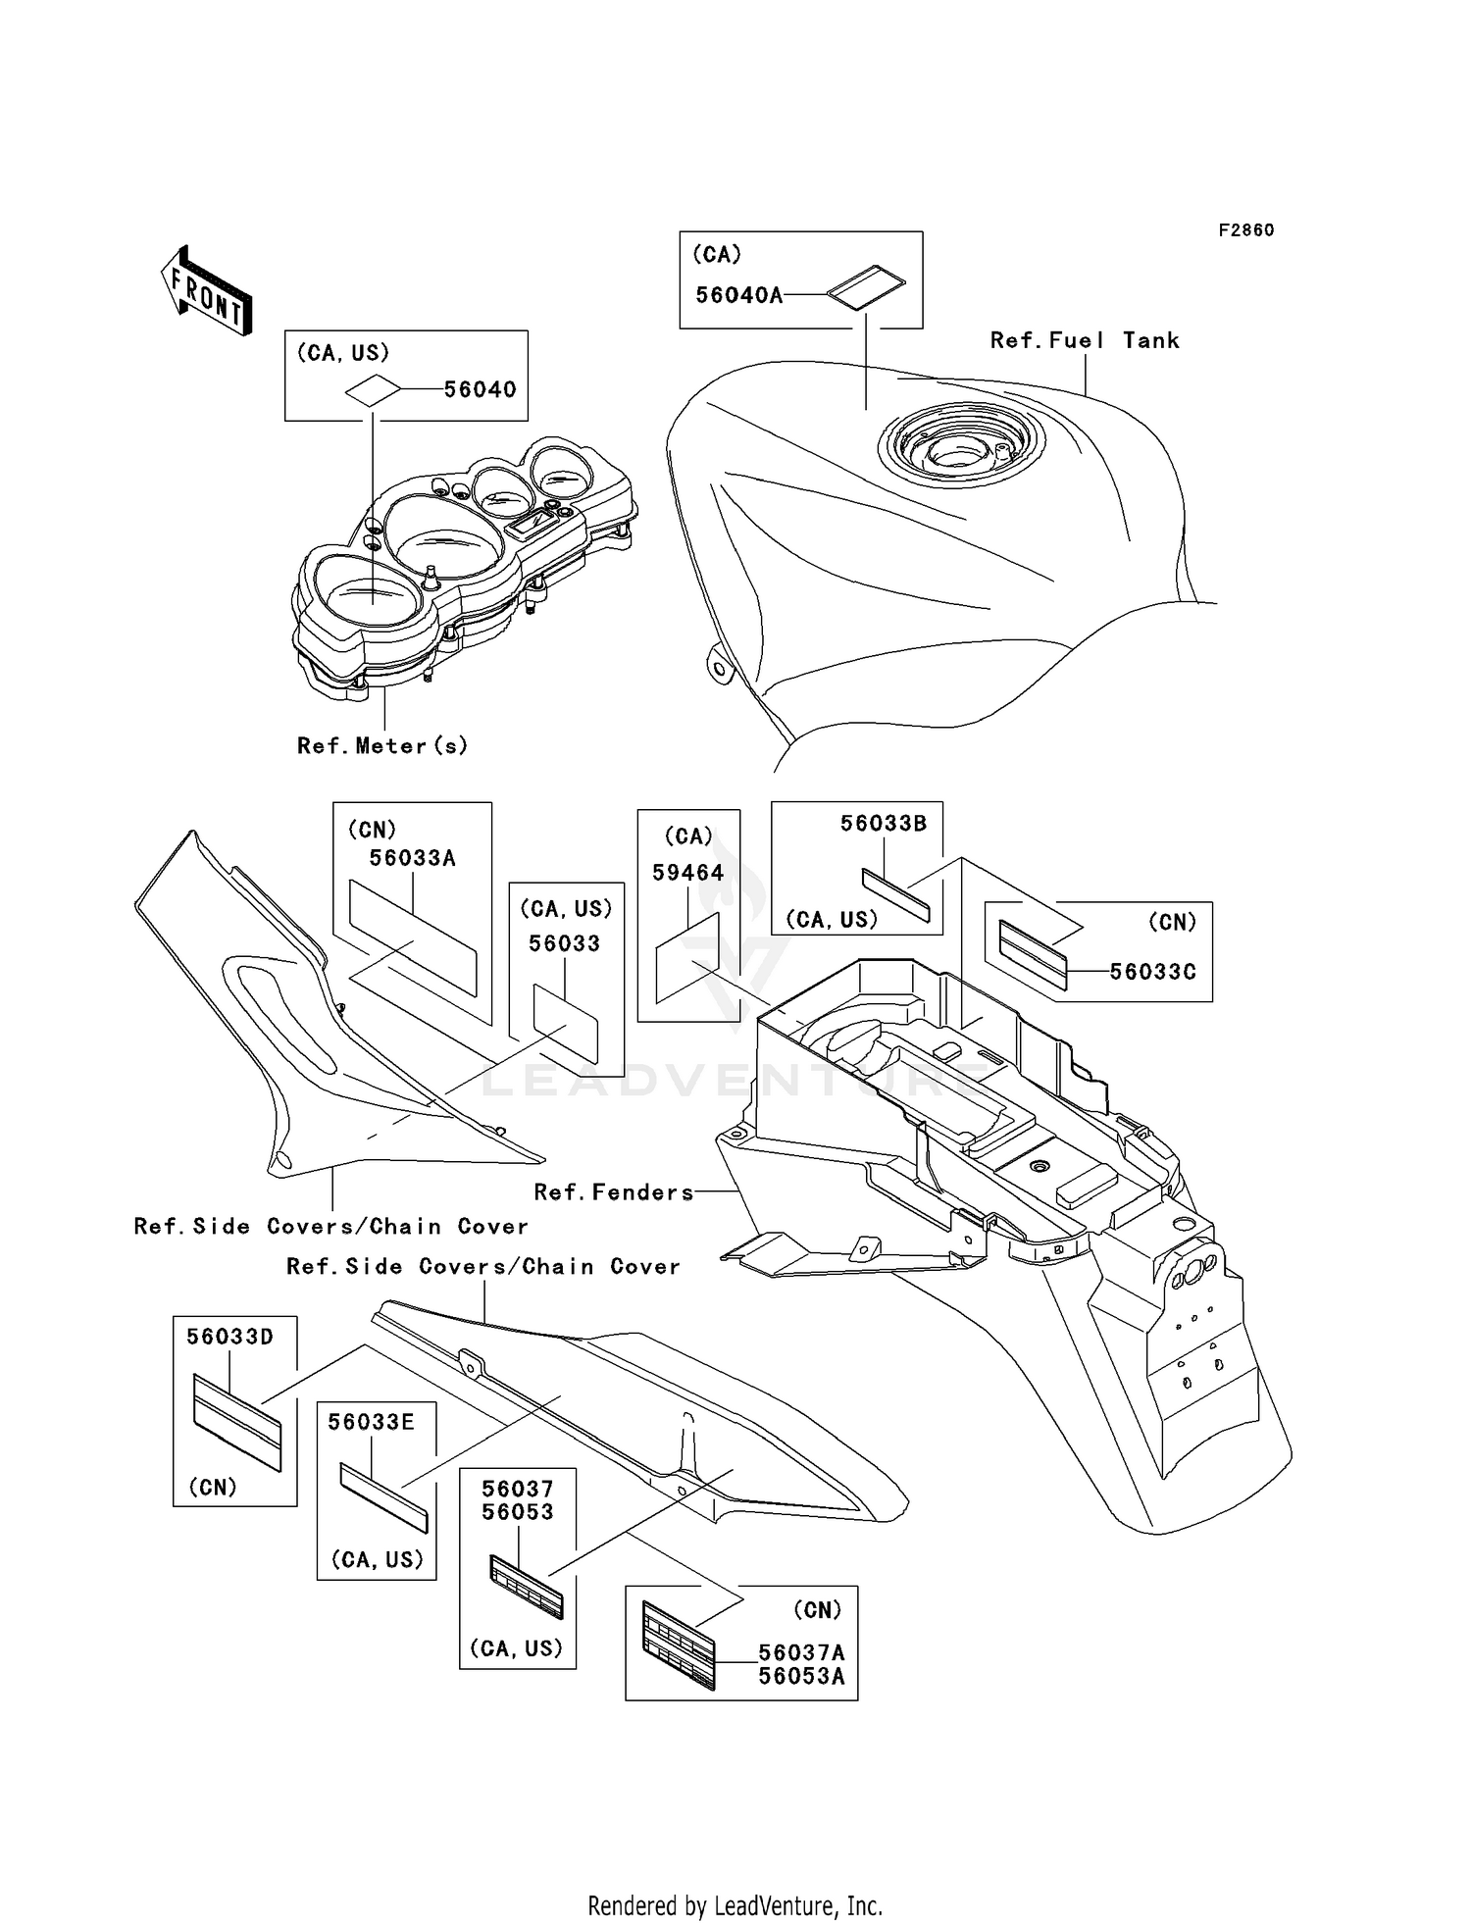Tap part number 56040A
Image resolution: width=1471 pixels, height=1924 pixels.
738,295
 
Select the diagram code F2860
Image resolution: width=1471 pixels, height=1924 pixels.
1246,230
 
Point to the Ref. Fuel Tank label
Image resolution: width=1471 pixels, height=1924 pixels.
1085,340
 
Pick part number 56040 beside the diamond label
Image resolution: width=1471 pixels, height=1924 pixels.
480,389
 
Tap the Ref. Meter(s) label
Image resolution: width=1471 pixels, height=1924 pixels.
382,745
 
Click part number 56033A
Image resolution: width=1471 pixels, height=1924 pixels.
412,858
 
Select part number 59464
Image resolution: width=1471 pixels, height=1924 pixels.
688,873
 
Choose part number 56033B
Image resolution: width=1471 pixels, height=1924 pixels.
884,824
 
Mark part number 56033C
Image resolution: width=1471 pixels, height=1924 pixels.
1152,972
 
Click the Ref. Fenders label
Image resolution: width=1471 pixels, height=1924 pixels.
614,1192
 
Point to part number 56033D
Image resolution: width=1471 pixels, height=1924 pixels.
229,1337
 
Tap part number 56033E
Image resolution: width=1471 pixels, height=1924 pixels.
371,1422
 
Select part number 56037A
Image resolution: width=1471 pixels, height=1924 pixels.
801,1652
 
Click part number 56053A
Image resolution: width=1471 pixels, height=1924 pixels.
801,1676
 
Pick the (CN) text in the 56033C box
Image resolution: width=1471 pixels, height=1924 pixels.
1172,922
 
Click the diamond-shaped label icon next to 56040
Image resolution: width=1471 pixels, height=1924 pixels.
373,391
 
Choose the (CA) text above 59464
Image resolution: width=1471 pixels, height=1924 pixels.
688,835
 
